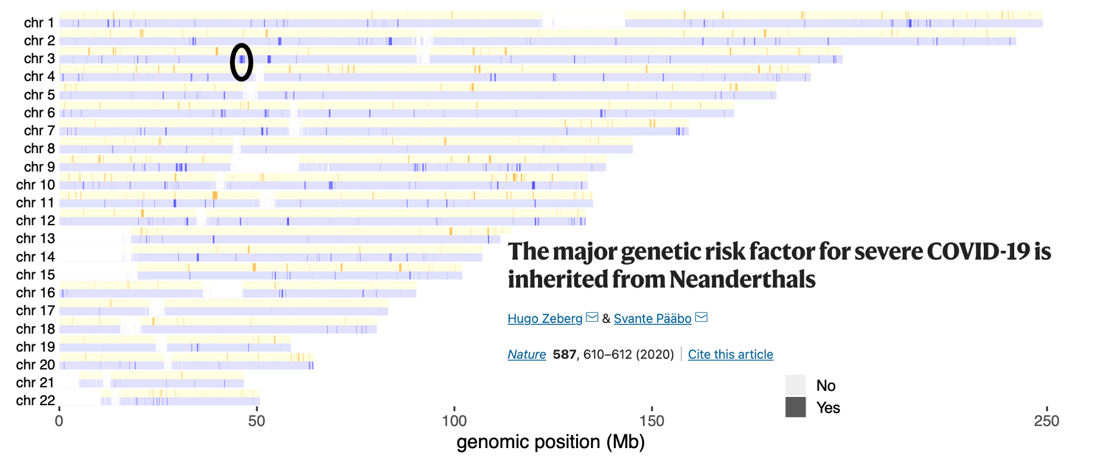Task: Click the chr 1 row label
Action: pos(39,23)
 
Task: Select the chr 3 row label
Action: pos(39,58)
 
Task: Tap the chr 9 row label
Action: pos(39,167)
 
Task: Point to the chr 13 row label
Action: pos(36,238)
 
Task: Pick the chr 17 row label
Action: pos(36,310)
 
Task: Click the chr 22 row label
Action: pos(36,400)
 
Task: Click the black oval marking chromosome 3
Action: pos(241,62)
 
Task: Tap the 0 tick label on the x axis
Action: pos(59,421)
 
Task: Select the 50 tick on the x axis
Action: pos(257,421)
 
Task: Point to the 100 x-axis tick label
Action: pos(454,421)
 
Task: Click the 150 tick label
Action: pos(652,421)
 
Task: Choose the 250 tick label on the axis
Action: pos(1046,421)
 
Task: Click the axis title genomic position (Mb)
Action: pos(551,442)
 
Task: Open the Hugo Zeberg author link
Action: pos(545,319)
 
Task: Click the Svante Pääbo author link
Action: pos(652,319)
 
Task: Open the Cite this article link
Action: pos(731,355)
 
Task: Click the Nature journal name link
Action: pos(527,355)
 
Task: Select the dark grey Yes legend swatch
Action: pos(795,407)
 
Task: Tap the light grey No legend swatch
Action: pos(795,385)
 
